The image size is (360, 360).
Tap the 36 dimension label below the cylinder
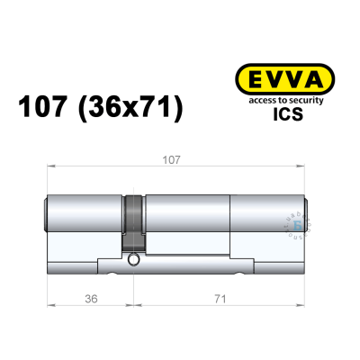[x=86, y=294]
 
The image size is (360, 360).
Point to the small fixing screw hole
[x=133, y=261]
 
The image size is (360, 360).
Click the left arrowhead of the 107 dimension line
[x=49, y=166]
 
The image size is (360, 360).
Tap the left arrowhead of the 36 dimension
[x=49, y=302]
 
